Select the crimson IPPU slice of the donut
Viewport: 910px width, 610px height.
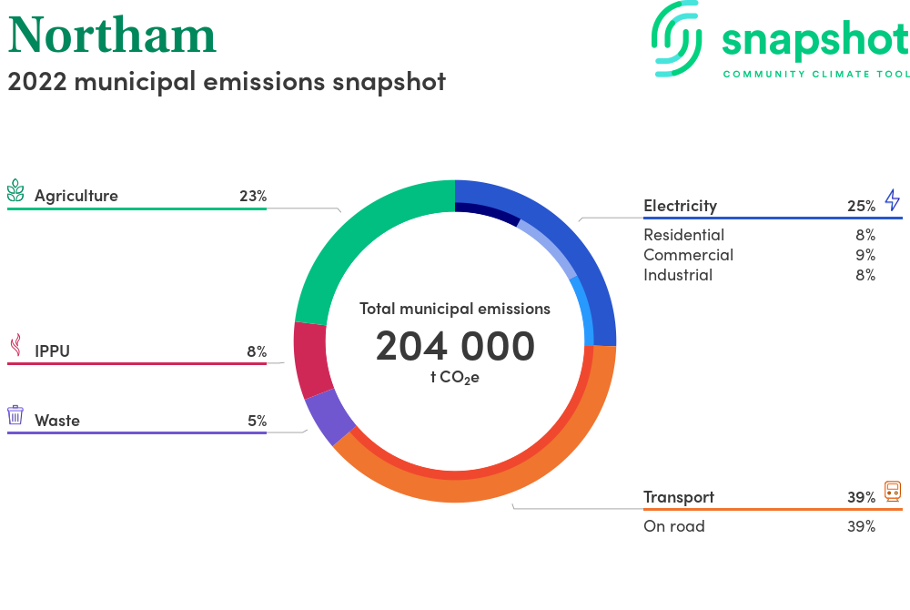(x=310, y=360)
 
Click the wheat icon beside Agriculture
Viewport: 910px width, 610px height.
(x=15, y=190)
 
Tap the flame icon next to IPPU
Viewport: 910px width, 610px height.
(x=16, y=345)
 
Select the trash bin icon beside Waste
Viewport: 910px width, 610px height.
(x=15, y=415)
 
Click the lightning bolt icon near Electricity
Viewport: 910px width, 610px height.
(x=893, y=199)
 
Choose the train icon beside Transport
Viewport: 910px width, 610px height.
(x=893, y=491)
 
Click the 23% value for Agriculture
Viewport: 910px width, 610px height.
(x=253, y=196)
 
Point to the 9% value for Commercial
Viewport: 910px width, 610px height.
(x=865, y=255)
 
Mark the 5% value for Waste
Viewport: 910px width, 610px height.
(x=258, y=421)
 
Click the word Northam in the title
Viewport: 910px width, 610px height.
(x=112, y=36)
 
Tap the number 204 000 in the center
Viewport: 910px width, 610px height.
(x=455, y=346)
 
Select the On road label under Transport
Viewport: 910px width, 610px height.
(x=673, y=526)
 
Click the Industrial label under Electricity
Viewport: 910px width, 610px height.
(x=678, y=275)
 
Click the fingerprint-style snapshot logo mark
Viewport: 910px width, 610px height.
(x=677, y=39)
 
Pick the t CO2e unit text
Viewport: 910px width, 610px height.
(x=455, y=378)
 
